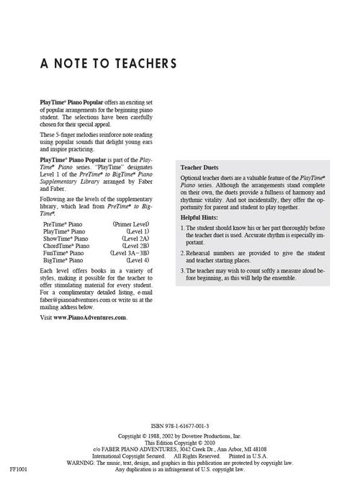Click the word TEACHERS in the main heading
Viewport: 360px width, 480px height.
[x=140, y=63]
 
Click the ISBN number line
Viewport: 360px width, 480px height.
[x=179, y=427]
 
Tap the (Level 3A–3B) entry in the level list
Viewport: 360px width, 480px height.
[x=130, y=254]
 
